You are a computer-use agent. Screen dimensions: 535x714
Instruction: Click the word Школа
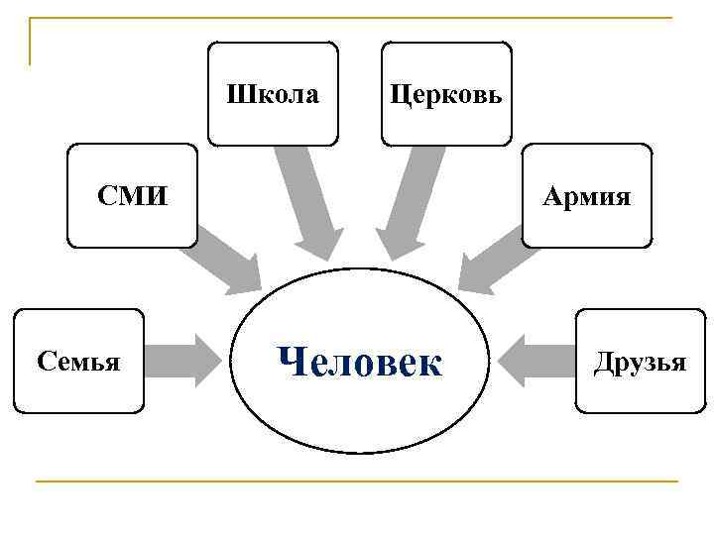(273, 95)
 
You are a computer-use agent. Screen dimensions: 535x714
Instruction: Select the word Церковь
(446, 95)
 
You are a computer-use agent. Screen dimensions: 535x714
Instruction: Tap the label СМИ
(132, 196)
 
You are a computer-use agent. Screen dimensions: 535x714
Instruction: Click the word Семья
(78, 362)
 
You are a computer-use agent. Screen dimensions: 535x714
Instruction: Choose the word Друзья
(640, 362)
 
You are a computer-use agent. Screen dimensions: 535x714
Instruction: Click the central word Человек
(360, 362)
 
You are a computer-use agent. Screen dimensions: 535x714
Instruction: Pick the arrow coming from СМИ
(227, 259)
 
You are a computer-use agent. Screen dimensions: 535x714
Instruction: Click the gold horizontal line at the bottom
(357, 481)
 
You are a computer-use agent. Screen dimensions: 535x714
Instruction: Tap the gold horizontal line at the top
(357, 18)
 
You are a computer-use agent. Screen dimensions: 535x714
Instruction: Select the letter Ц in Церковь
(398, 96)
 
